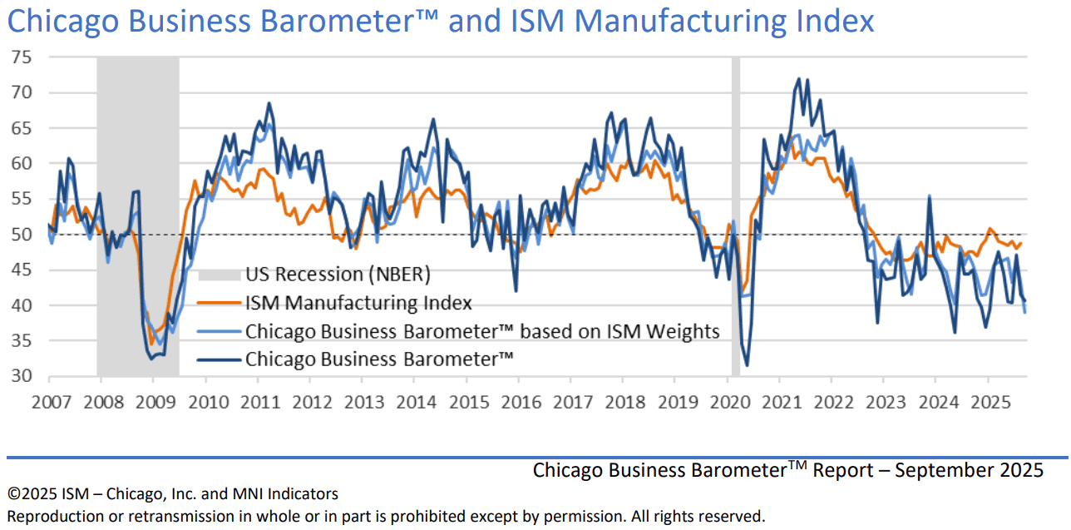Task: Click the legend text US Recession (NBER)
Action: pos(338,275)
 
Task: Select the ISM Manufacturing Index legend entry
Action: pos(358,303)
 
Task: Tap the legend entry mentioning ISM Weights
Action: pos(481,331)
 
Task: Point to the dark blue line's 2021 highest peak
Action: pos(799,79)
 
